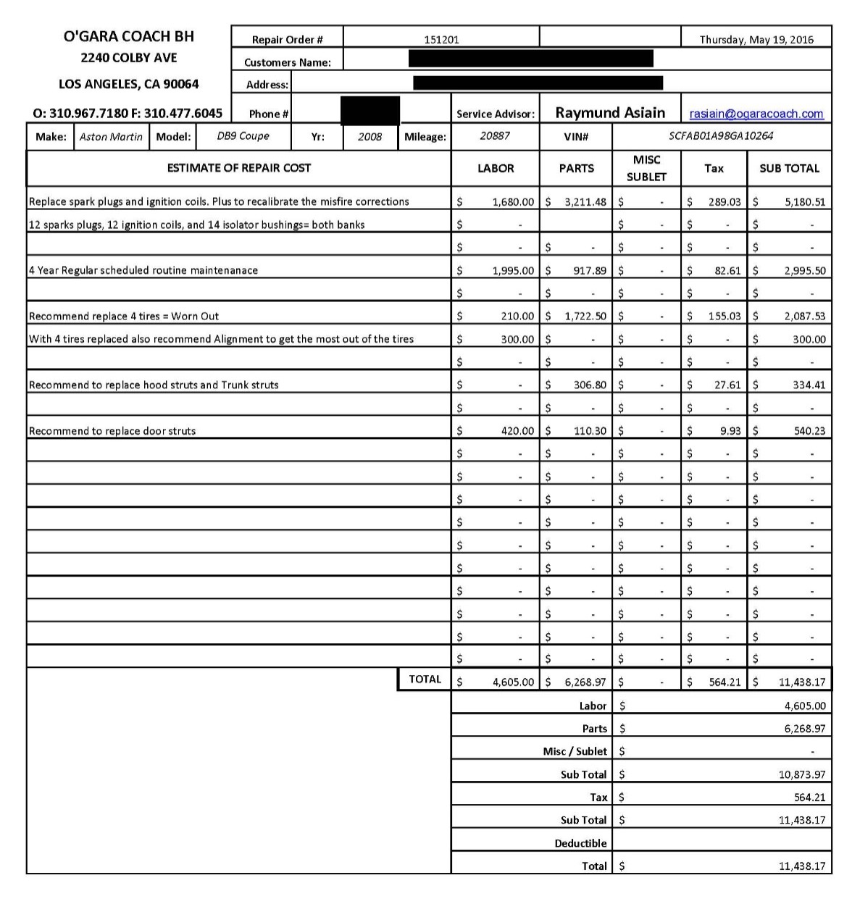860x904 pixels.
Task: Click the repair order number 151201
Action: pyautogui.click(x=441, y=40)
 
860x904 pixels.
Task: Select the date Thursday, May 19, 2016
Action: pyautogui.click(x=756, y=40)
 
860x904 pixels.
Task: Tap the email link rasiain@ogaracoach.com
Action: pyautogui.click(x=756, y=114)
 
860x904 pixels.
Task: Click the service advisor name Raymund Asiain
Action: pyautogui.click(x=610, y=113)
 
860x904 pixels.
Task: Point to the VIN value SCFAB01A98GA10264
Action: pyautogui.click(x=721, y=136)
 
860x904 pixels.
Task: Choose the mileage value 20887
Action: pyautogui.click(x=495, y=136)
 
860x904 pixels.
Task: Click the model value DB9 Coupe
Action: pyautogui.click(x=243, y=136)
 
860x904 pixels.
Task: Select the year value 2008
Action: pyautogui.click(x=370, y=137)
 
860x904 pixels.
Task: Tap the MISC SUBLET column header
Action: pyautogui.click(x=646, y=168)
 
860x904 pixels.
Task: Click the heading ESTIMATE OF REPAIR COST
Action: pyautogui.click(x=238, y=168)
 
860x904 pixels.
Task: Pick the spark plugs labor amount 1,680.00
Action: pyautogui.click(x=513, y=202)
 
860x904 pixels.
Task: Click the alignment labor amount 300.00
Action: pyautogui.click(x=517, y=340)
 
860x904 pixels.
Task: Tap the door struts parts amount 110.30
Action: pyautogui.click(x=590, y=431)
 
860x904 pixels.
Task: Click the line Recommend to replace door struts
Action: pyautogui.click(x=112, y=431)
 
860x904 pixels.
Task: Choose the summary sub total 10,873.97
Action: pyautogui.click(x=801, y=774)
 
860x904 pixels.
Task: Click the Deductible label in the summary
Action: pyautogui.click(x=580, y=843)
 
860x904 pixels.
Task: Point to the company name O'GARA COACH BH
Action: pyautogui.click(x=129, y=36)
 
